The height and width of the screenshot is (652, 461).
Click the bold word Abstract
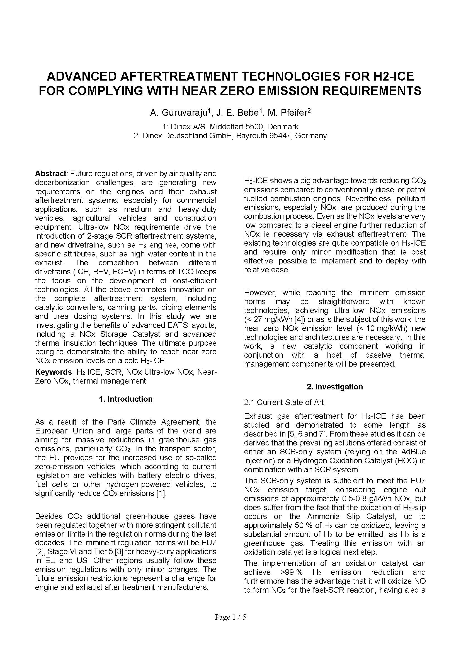click(50, 173)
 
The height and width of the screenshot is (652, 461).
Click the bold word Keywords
click(53, 372)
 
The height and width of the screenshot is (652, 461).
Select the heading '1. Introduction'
click(125, 399)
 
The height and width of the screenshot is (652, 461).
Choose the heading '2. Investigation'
click(335, 387)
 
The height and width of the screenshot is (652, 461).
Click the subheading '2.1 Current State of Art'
click(283, 403)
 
